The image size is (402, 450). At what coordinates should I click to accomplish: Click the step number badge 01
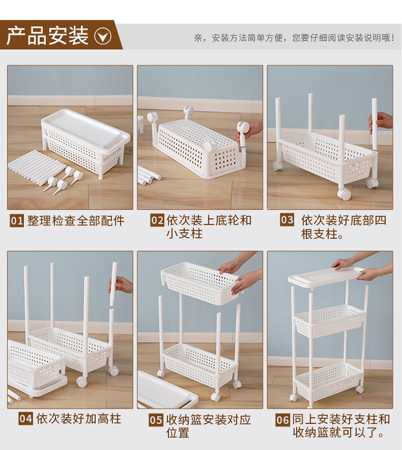click(x=17, y=221)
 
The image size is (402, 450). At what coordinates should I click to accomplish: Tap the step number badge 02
click(x=157, y=220)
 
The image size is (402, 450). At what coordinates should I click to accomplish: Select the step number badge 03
click(x=287, y=220)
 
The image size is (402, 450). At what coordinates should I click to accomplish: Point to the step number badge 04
click(x=26, y=418)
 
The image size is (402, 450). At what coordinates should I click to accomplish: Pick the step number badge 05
click(x=156, y=420)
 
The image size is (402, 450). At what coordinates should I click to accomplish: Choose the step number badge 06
click(x=282, y=420)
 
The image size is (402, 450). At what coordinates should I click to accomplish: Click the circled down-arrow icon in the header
click(x=103, y=36)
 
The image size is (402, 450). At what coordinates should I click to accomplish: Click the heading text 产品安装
click(x=47, y=35)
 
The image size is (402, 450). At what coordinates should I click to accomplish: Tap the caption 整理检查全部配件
click(x=76, y=221)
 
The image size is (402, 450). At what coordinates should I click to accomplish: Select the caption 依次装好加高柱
click(x=79, y=418)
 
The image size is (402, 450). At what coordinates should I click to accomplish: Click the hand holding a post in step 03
click(x=381, y=120)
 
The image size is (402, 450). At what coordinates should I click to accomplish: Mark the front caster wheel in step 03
click(x=344, y=194)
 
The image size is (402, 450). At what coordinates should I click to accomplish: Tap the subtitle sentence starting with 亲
click(x=294, y=37)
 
